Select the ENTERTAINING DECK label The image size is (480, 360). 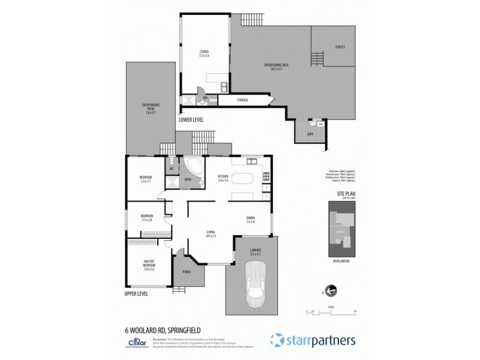[272, 67]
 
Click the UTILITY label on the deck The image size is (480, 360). [340, 47]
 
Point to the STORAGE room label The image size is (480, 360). [242, 100]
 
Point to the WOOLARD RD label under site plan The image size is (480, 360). [341, 262]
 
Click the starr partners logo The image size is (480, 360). [312, 340]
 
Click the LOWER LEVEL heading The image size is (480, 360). [191, 120]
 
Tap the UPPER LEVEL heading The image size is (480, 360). [135, 294]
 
